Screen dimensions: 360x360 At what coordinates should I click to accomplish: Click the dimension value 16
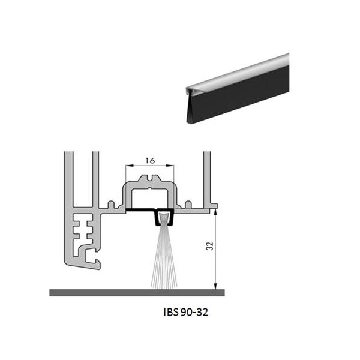click(x=150, y=161)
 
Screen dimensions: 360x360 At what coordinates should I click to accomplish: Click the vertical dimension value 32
click(x=210, y=246)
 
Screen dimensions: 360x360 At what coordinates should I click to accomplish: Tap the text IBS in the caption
click(x=171, y=312)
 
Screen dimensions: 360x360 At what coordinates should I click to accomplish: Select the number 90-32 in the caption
click(x=194, y=312)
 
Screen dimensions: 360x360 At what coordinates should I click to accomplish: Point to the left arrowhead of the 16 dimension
click(x=130, y=166)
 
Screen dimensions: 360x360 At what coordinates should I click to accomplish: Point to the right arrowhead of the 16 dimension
click(x=170, y=166)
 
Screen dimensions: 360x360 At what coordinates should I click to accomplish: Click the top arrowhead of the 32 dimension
click(x=215, y=212)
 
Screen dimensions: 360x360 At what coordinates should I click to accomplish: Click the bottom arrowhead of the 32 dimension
click(x=215, y=286)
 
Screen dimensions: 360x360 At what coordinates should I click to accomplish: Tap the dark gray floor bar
click(x=137, y=293)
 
